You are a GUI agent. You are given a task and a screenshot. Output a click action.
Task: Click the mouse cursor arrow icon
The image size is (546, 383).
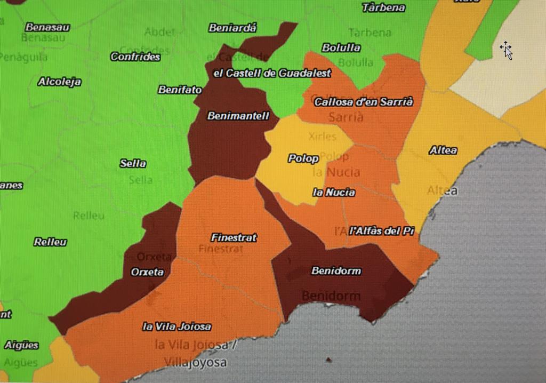click(x=506, y=50)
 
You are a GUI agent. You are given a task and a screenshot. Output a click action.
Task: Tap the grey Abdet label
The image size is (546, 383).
click(x=159, y=32)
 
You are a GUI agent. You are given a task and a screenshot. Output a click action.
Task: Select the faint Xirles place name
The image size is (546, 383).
click(x=322, y=137)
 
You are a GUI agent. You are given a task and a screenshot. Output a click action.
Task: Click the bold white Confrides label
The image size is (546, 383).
click(x=135, y=57)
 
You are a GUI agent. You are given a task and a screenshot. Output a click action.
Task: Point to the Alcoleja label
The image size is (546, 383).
click(x=59, y=82)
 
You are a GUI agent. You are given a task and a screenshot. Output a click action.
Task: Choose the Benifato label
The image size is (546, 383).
click(x=180, y=90)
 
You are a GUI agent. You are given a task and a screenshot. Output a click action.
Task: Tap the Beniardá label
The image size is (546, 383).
click(x=232, y=28)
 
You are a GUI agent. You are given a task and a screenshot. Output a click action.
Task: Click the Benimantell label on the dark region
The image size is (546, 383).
click(x=238, y=116)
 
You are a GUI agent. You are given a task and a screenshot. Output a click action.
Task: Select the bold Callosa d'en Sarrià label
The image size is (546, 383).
click(x=363, y=102)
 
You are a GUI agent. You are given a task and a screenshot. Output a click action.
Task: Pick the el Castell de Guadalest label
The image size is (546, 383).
click(x=272, y=73)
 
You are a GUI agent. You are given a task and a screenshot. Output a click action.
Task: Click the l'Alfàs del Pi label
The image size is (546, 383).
click(x=382, y=231)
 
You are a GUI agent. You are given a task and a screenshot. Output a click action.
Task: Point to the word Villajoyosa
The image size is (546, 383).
click(x=195, y=363)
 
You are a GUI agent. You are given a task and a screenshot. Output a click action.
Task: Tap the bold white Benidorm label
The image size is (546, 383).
click(x=336, y=270)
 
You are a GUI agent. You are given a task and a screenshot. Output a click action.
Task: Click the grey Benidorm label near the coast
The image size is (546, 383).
click(x=331, y=296)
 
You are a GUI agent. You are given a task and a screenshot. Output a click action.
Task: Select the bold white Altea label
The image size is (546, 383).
click(x=443, y=150)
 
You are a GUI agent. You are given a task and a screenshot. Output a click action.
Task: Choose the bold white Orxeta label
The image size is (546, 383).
click(x=147, y=272)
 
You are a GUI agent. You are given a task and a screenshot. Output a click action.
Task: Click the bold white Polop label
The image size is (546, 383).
click(x=303, y=158)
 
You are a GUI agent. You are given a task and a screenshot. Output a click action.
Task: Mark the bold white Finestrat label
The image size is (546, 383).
click(x=234, y=237)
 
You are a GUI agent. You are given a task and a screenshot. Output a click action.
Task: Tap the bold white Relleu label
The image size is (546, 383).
click(x=50, y=242)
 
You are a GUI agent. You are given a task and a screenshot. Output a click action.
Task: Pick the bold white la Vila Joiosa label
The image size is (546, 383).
click(x=176, y=326)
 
